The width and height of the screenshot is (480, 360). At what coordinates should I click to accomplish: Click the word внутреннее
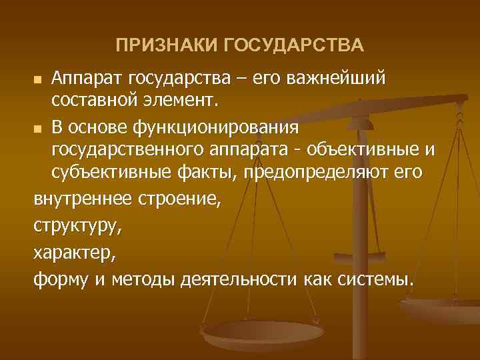point(83,196)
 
